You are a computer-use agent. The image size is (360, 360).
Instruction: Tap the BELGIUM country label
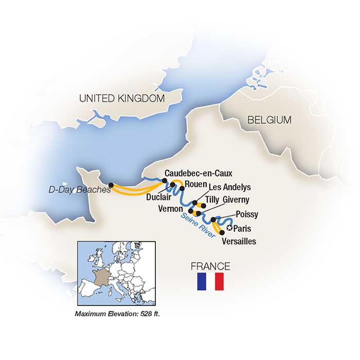pos(269,120)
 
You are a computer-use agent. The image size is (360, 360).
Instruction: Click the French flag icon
pos(211,281)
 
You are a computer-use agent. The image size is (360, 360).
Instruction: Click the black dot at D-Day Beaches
pos(111,185)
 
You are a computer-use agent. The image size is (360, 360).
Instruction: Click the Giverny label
pos(236,200)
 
